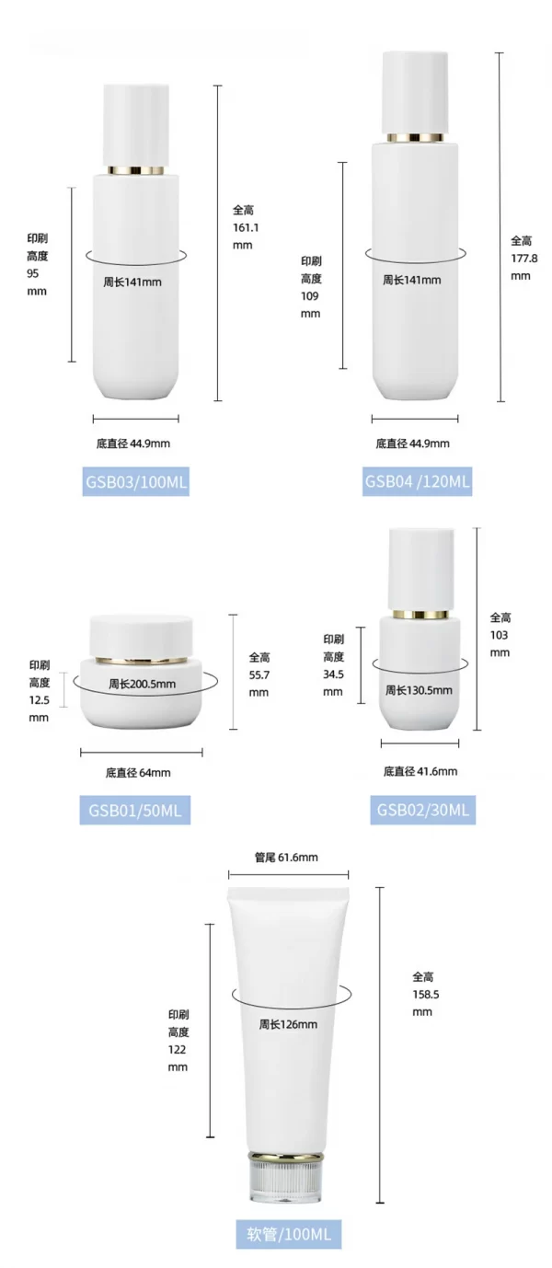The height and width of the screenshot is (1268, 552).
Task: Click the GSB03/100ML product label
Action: click(x=136, y=480)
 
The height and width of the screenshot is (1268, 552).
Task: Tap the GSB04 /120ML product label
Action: click(x=417, y=480)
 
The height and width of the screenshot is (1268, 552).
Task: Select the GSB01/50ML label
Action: click(x=134, y=810)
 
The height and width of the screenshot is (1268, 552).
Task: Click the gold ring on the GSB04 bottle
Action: click(x=415, y=138)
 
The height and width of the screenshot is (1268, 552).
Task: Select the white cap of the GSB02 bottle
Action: click(x=420, y=567)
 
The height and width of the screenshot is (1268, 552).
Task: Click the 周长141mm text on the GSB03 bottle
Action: click(x=132, y=282)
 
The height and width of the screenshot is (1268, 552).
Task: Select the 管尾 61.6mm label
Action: click(x=286, y=857)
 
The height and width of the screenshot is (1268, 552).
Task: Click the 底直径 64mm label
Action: click(x=138, y=773)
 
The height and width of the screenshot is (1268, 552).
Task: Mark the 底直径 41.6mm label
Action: click(x=420, y=771)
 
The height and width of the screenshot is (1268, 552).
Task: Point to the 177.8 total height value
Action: click(x=523, y=258)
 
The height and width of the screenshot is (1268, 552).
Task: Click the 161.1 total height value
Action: click(x=243, y=227)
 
